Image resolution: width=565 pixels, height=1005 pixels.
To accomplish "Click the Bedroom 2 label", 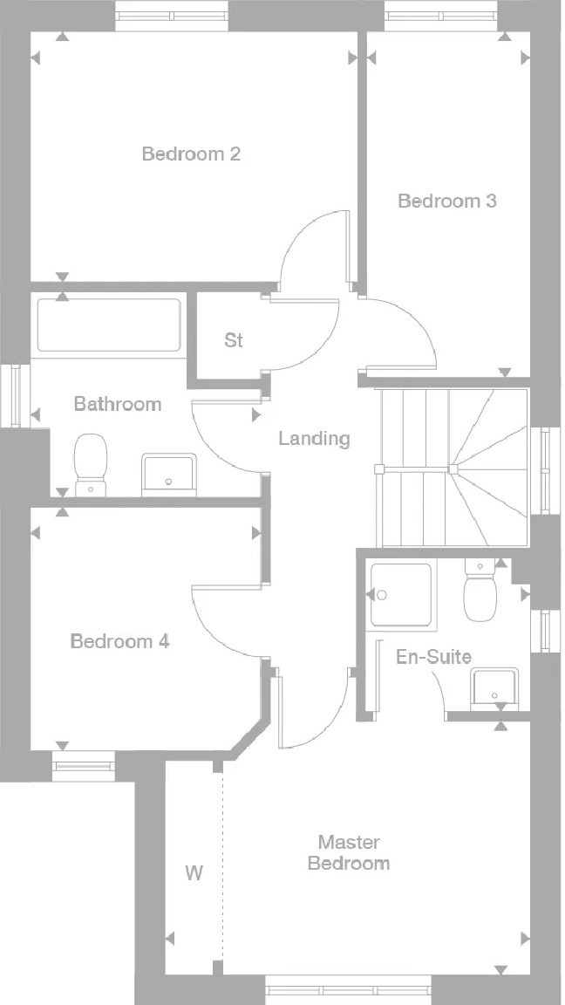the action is pyautogui.click(x=191, y=154).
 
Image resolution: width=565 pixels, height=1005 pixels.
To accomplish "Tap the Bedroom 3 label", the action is pyautogui.click(x=447, y=202).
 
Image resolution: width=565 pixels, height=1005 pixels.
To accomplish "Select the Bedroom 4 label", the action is pyautogui.click(x=119, y=641).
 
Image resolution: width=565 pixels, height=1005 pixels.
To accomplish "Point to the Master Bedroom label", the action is pyautogui.click(x=349, y=852).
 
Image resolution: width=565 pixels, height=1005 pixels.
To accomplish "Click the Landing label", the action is pyautogui.click(x=315, y=439).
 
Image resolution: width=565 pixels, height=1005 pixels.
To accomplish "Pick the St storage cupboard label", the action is pyautogui.click(x=234, y=339).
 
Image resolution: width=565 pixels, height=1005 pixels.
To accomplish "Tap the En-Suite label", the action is pyautogui.click(x=433, y=657).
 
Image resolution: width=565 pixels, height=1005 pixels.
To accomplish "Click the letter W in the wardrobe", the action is pyautogui.click(x=194, y=873).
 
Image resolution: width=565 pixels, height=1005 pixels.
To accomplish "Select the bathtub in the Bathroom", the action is pyautogui.click(x=109, y=325).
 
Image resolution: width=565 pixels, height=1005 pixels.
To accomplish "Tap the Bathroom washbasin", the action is pyautogui.click(x=169, y=475).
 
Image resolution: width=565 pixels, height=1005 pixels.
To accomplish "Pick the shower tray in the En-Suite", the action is pyautogui.click(x=402, y=595).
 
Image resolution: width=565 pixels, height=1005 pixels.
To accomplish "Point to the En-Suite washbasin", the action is pyautogui.click(x=494, y=690).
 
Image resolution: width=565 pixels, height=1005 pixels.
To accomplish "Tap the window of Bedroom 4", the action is pyautogui.click(x=84, y=767).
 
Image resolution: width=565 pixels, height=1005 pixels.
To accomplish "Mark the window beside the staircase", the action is pyautogui.click(x=545, y=470).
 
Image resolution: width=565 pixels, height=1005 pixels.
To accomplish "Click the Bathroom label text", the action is pyautogui.click(x=118, y=405).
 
